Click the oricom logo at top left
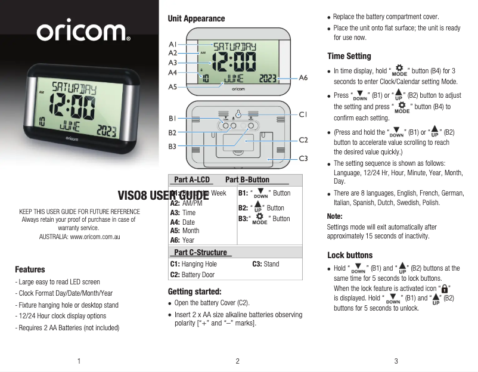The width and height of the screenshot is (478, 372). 84,32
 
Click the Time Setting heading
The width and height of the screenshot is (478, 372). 349,56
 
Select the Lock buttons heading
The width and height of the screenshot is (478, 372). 350,255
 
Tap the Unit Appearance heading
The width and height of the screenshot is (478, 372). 196,18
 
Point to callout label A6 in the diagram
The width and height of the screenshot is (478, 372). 303,78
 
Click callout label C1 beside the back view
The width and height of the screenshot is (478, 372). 303,114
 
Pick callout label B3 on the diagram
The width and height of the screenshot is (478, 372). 172,146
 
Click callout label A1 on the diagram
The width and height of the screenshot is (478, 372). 172,44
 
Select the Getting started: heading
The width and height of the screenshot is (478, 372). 194,292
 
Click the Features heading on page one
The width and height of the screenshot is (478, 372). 30,269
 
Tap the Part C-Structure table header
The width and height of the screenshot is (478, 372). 200,253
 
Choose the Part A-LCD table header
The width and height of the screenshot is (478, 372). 192,179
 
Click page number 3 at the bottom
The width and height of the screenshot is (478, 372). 396,361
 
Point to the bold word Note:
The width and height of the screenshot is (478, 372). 335,216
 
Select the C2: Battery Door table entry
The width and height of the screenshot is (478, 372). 192,275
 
